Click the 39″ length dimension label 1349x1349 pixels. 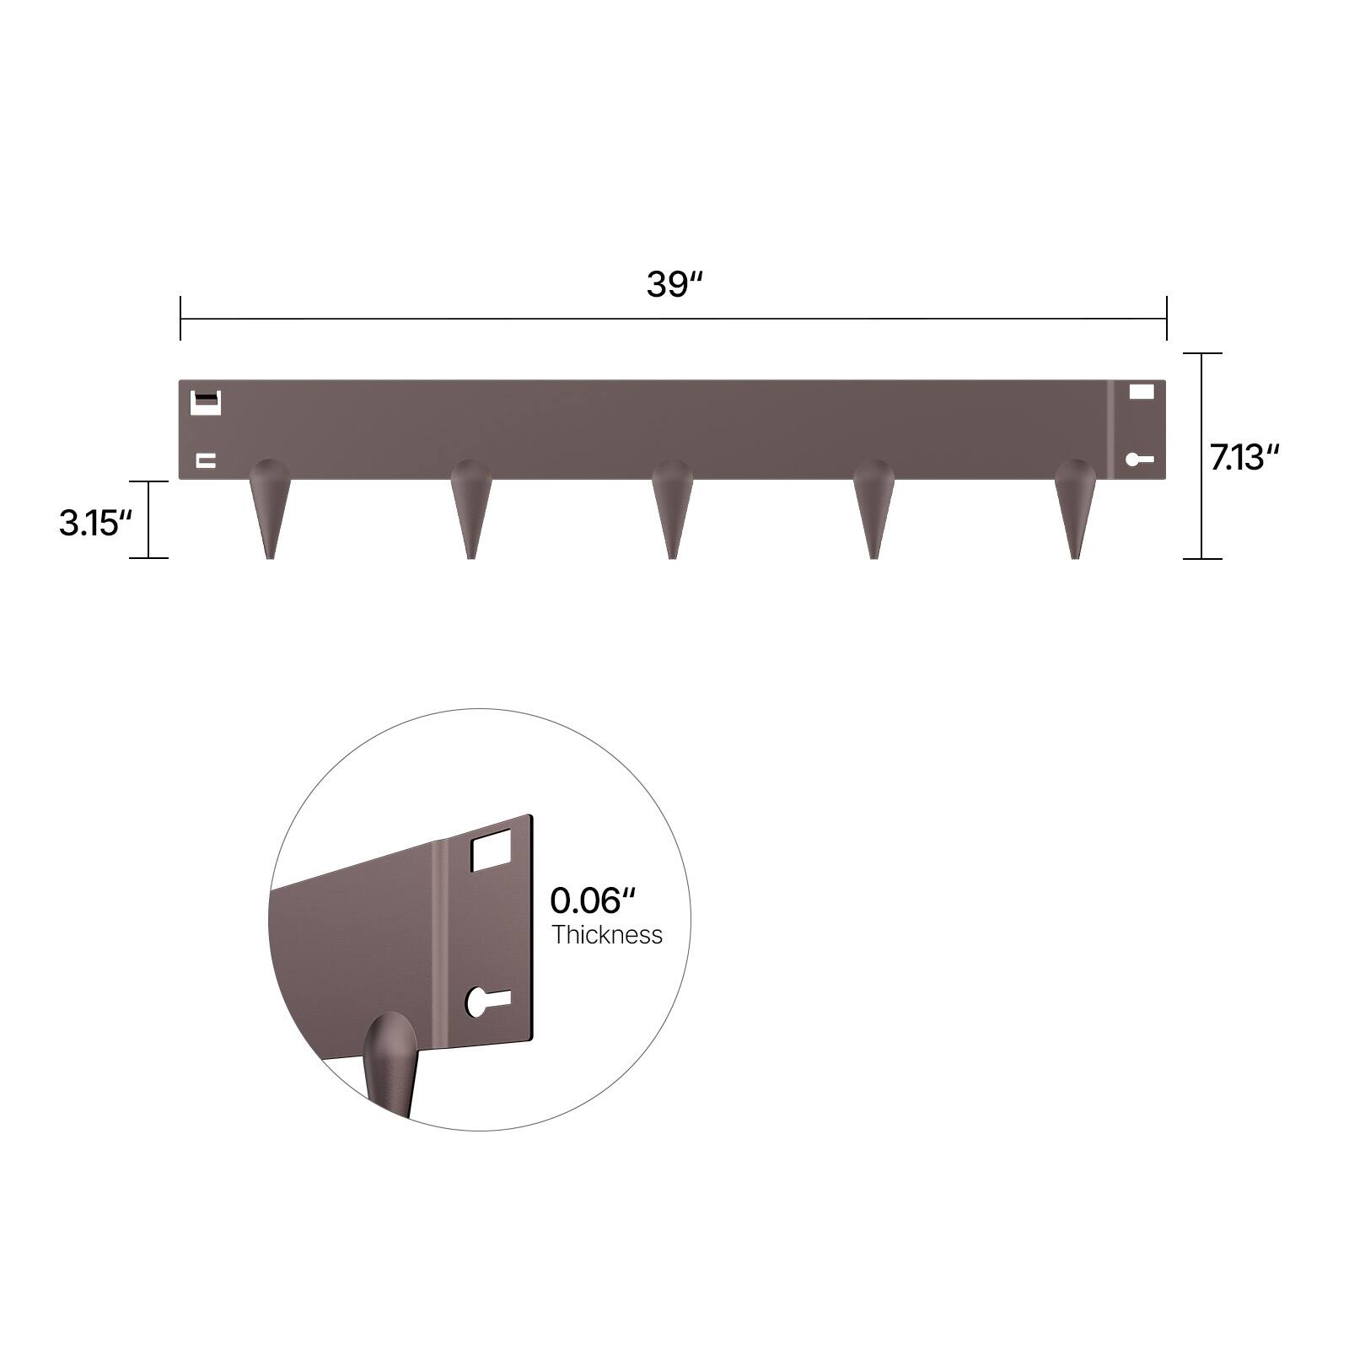click(x=674, y=285)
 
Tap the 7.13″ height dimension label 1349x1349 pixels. click(x=1244, y=458)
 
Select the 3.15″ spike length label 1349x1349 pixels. click(x=95, y=523)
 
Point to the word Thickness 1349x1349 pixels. click(x=607, y=935)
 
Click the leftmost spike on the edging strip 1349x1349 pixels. click(x=270, y=507)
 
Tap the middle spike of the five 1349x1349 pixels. click(x=672, y=507)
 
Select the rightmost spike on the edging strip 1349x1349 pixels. click(x=1075, y=507)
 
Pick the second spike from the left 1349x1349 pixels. click(x=470, y=507)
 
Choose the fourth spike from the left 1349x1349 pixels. click(x=873, y=507)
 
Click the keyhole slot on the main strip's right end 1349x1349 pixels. click(x=1139, y=460)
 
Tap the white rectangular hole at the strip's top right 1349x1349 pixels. click(x=1141, y=392)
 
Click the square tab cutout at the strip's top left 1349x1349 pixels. click(x=207, y=403)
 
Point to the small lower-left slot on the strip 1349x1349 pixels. click(x=206, y=460)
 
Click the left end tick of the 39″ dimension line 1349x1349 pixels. click(x=180, y=319)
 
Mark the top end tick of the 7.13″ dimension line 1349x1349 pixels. click(x=1201, y=354)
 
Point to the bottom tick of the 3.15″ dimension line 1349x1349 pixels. click(x=148, y=557)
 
